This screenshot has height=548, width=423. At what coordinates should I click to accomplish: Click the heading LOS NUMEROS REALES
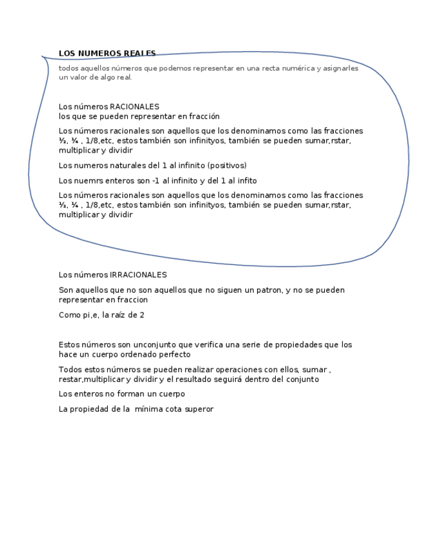pos(107,54)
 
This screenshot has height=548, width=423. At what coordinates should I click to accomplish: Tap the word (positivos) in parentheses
pos(227,165)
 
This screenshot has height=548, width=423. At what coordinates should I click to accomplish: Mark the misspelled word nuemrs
pos(89,181)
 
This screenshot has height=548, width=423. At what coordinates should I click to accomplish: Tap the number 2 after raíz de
pos(142,315)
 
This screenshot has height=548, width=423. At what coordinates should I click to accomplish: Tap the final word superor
pos(197,409)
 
